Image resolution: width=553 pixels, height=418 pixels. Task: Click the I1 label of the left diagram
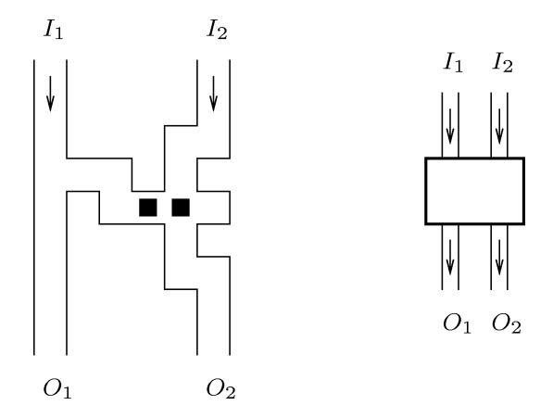click(x=54, y=29)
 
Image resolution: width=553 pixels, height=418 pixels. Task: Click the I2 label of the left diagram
click(x=217, y=29)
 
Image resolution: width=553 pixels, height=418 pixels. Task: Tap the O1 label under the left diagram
click(x=57, y=388)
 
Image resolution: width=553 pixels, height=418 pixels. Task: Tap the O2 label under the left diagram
click(x=220, y=388)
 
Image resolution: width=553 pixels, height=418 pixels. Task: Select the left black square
click(x=148, y=208)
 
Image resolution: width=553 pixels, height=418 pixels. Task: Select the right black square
click(x=181, y=208)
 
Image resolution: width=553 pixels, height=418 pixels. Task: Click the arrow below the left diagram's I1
click(x=50, y=94)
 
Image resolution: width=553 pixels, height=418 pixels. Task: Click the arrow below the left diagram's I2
click(x=213, y=94)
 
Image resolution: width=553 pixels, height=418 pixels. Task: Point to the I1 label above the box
click(x=453, y=62)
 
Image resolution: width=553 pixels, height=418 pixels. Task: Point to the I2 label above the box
click(x=502, y=62)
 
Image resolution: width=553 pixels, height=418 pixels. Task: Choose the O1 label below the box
click(x=457, y=323)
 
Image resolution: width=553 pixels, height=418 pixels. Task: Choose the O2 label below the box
click(x=507, y=323)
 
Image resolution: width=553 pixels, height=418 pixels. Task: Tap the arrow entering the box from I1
click(x=450, y=126)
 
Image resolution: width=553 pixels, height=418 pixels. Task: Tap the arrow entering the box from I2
click(x=499, y=126)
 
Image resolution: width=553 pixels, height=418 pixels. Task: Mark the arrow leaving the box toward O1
click(x=450, y=258)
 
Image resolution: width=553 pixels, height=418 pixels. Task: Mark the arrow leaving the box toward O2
click(x=499, y=258)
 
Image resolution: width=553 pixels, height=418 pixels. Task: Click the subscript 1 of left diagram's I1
click(x=59, y=33)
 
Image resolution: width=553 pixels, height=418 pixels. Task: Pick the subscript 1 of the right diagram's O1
click(x=466, y=327)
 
